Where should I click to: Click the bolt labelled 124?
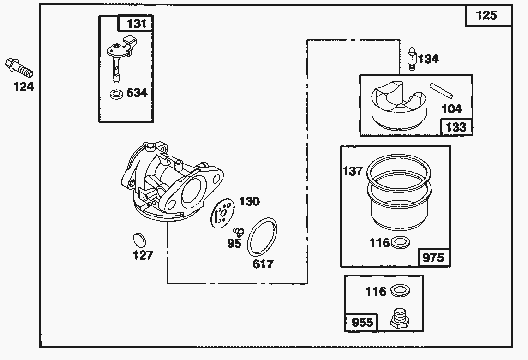[18, 68]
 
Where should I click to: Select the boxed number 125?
[486, 16]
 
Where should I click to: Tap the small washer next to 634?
[116, 93]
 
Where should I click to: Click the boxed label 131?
[136, 24]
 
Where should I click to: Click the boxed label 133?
[456, 127]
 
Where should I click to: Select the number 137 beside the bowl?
[353, 171]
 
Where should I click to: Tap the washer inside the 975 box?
[400, 242]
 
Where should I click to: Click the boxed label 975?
[433, 257]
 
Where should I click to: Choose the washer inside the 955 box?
[400, 290]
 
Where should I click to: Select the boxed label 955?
[362, 322]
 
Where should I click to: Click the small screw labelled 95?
[239, 232]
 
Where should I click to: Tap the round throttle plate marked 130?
[221, 212]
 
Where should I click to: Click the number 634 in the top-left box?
[137, 93]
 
